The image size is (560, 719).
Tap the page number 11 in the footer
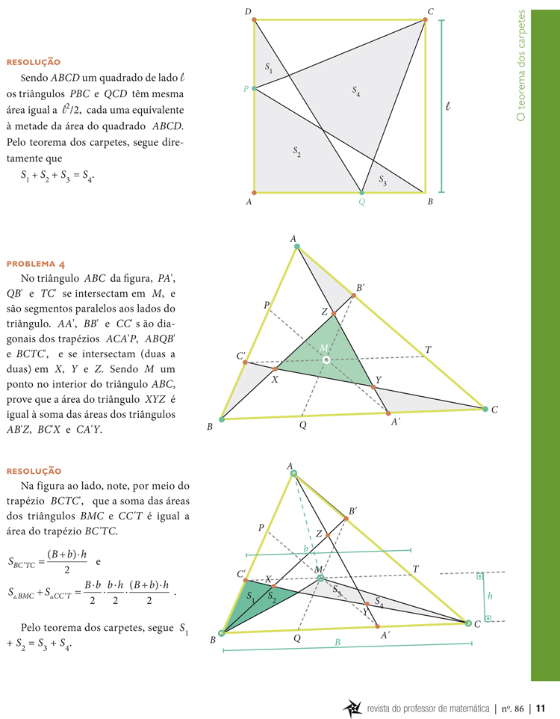541,708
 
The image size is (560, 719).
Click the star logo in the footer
351,708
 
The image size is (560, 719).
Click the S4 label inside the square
356,90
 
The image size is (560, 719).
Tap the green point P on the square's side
254,88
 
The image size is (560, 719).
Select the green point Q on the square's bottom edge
361,192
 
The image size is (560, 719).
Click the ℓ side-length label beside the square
447,107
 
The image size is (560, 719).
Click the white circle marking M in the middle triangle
326,359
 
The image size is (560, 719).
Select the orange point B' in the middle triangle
354,295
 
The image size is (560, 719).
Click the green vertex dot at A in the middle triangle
296,246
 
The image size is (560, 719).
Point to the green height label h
490,596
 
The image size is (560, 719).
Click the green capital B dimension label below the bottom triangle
337,642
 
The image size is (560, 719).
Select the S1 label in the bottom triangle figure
251,596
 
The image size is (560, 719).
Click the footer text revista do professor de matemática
428,708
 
